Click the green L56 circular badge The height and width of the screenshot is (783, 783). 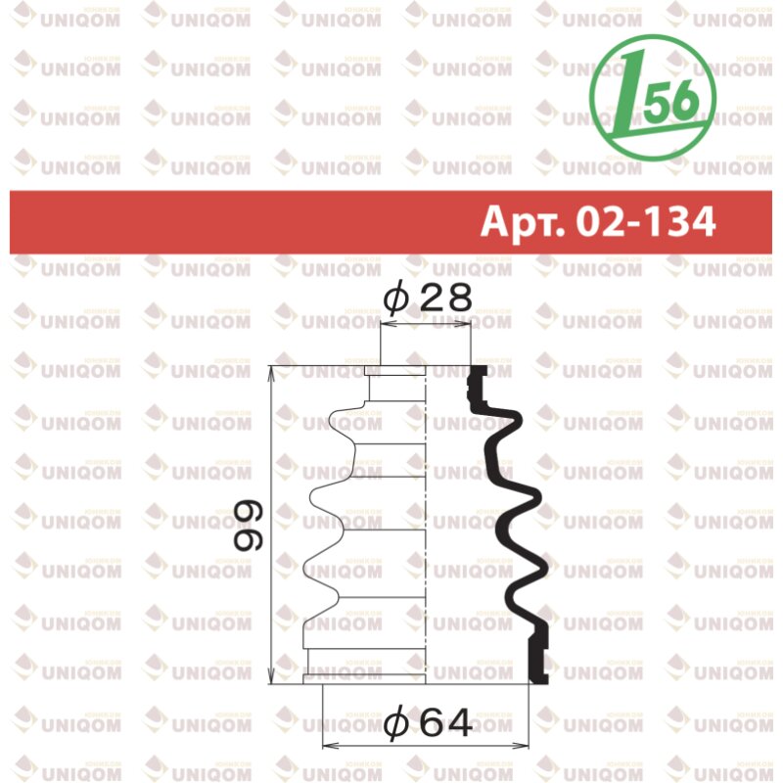pos(653,97)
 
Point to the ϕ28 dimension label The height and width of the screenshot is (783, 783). pos(427,299)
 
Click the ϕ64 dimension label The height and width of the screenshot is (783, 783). pos(427,723)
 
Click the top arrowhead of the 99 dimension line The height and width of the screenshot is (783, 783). pos(271,373)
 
